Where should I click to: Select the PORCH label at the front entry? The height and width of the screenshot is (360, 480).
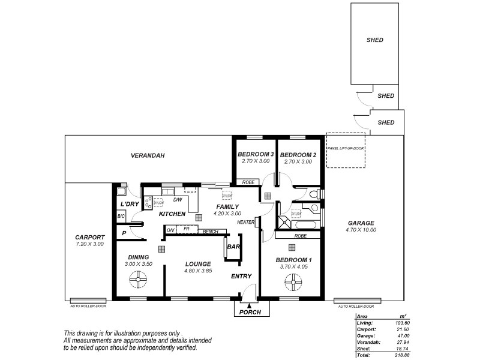(250, 313)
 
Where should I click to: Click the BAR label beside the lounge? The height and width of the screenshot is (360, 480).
(234, 246)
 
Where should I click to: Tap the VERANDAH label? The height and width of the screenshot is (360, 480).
(148, 155)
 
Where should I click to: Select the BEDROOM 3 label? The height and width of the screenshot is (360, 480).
(255, 155)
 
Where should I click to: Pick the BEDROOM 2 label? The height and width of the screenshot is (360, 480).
(298, 155)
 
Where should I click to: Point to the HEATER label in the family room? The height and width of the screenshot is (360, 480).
(246, 222)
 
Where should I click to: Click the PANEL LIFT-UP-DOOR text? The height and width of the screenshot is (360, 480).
(346, 148)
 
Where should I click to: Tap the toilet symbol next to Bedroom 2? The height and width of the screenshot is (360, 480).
(314, 193)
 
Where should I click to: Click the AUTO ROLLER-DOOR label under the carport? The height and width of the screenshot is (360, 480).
(87, 306)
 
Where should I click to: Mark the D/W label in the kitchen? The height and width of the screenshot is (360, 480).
(178, 200)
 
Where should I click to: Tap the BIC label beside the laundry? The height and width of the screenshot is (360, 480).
(121, 216)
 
